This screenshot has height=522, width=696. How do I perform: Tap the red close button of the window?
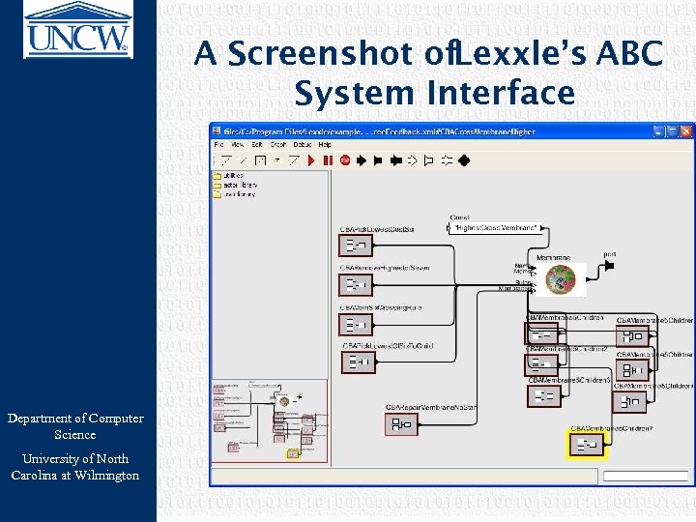point(685,129)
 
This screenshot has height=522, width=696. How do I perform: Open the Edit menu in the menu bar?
point(256,144)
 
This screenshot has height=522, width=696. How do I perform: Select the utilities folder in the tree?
point(232,176)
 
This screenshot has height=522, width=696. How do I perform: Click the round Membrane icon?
point(560,279)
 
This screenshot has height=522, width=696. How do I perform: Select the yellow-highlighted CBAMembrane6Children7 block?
point(586,445)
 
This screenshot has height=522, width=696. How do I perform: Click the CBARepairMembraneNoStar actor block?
point(399,424)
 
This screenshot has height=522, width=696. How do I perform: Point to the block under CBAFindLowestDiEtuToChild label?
point(358,362)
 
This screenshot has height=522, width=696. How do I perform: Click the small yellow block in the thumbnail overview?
point(293,452)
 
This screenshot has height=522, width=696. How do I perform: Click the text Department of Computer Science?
point(75,426)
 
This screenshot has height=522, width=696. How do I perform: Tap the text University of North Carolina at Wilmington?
point(75,467)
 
